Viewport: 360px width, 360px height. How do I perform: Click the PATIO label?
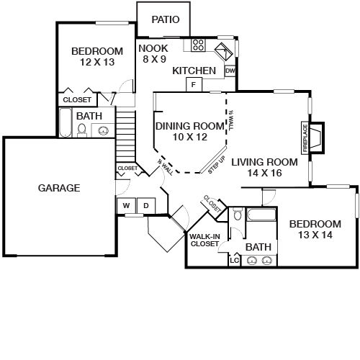pos(165,19)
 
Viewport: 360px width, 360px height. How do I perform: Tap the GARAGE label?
pos(59,188)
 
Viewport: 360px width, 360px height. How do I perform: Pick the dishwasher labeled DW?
pos(230,71)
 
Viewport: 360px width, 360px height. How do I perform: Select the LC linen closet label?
pos(234,259)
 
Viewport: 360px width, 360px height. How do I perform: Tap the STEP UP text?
pos(217,164)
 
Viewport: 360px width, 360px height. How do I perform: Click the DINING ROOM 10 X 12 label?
pos(181,131)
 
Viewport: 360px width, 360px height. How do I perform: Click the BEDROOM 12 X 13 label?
pos(96,57)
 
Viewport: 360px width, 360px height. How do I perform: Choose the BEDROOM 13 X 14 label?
pos(315,230)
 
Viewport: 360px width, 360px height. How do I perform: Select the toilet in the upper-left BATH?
pos(82,130)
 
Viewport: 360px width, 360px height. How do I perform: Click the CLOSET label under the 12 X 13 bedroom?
pos(77,99)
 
